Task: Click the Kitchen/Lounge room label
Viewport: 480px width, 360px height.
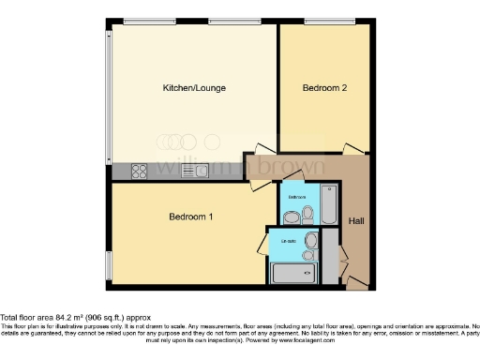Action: click(194, 88)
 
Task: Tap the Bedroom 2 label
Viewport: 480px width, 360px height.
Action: click(324, 88)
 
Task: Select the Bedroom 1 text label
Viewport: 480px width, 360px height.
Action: click(191, 217)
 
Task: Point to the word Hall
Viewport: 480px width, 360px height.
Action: click(356, 221)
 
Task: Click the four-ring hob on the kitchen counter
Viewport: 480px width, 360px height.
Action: click(140, 171)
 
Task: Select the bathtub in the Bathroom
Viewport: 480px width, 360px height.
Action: click(328, 204)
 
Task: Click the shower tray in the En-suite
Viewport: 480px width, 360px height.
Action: click(294, 273)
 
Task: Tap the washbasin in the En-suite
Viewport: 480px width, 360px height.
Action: click(310, 239)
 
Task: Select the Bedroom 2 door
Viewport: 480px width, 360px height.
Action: click(353, 149)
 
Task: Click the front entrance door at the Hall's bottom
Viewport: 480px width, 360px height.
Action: click(356, 281)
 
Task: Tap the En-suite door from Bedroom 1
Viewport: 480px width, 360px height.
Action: click(262, 246)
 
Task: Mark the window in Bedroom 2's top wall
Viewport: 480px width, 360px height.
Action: click(322, 21)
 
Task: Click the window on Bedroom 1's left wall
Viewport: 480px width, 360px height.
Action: click(109, 265)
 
